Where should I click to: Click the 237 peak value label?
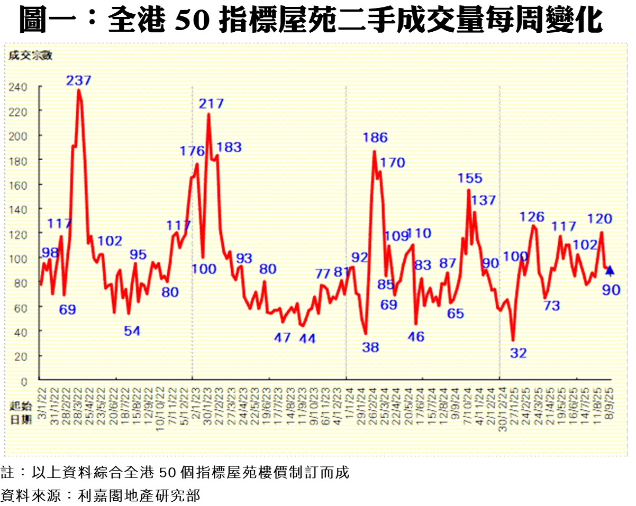(79, 81)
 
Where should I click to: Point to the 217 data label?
(212, 104)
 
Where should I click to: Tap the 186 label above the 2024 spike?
(375, 138)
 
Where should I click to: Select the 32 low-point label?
(519, 353)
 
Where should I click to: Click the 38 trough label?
(370, 347)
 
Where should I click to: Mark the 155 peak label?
(470, 179)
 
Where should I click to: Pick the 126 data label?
(532, 217)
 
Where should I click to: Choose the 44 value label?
(307, 338)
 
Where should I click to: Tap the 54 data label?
(132, 331)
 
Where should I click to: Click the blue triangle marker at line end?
(610, 270)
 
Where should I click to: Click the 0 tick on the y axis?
(24, 381)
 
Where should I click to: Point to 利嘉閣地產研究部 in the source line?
(139, 495)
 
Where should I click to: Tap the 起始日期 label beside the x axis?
(20, 412)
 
